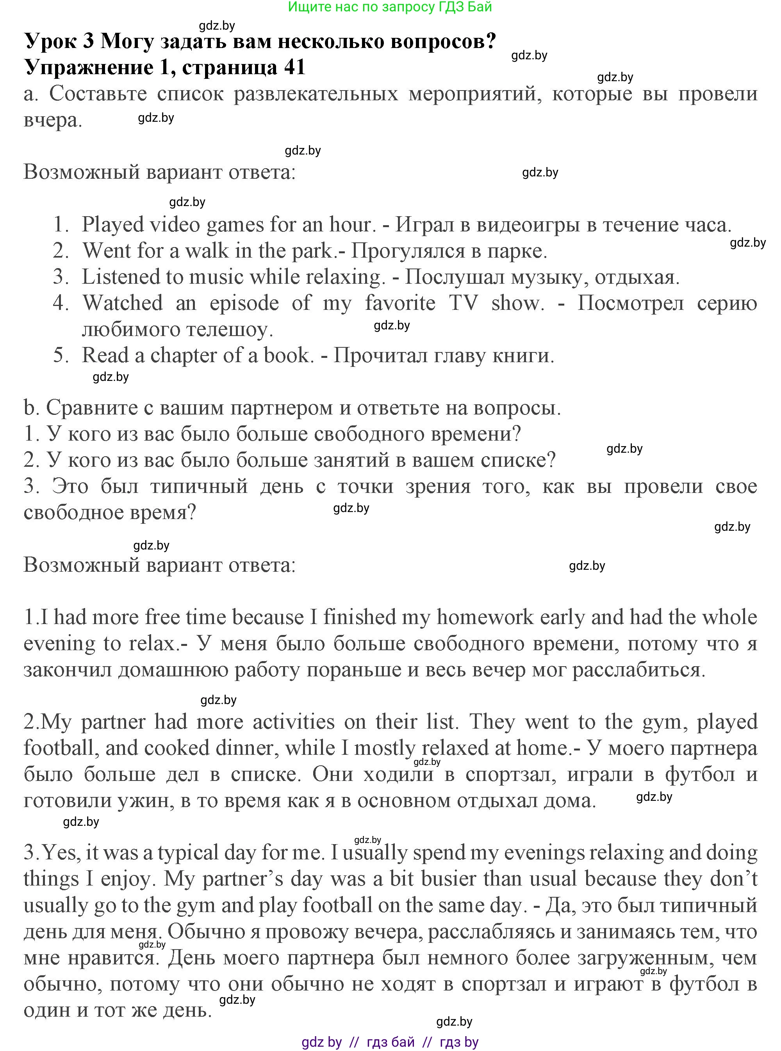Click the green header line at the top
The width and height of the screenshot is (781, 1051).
(390, 7)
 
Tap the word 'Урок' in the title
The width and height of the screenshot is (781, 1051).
(50, 42)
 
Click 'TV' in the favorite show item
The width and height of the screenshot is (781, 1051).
(463, 303)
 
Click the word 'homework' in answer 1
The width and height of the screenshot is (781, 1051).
(485, 617)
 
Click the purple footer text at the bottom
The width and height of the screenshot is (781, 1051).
(390, 1042)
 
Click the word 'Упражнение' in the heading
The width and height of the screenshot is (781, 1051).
(88, 67)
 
